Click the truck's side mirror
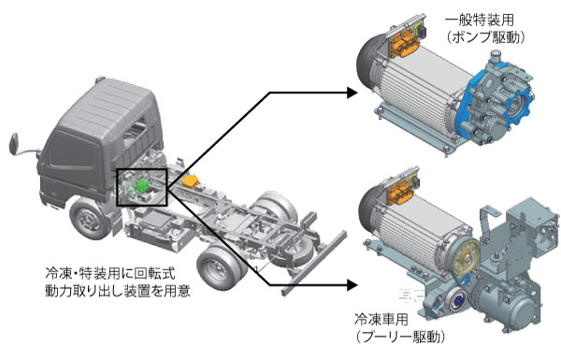(14, 144)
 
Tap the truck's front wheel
(87, 218)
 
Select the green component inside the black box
(141, 185)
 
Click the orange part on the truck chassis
(192, 180)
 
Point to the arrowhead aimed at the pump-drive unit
(352, 93)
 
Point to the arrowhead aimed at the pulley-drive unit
(352, 285)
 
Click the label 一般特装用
(479, 20)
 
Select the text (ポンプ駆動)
(486, 38)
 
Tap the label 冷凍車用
(381, 319)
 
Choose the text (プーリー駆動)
(400, 337)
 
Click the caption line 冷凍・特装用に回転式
(110, 274)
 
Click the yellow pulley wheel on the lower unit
(466, 257)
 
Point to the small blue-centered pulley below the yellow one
(456, 301)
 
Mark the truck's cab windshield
(74, 154)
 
